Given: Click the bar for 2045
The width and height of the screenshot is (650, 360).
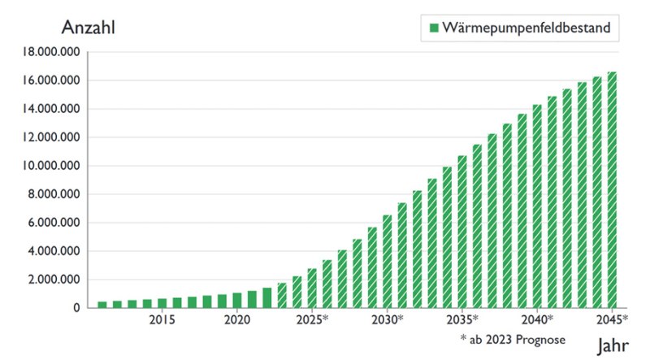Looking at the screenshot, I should point(612,190).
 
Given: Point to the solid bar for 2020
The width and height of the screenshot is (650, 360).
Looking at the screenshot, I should point(237,301).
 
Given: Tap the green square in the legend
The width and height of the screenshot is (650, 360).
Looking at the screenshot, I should point(434,29).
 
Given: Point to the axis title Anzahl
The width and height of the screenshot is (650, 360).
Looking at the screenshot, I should point(89,27).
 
